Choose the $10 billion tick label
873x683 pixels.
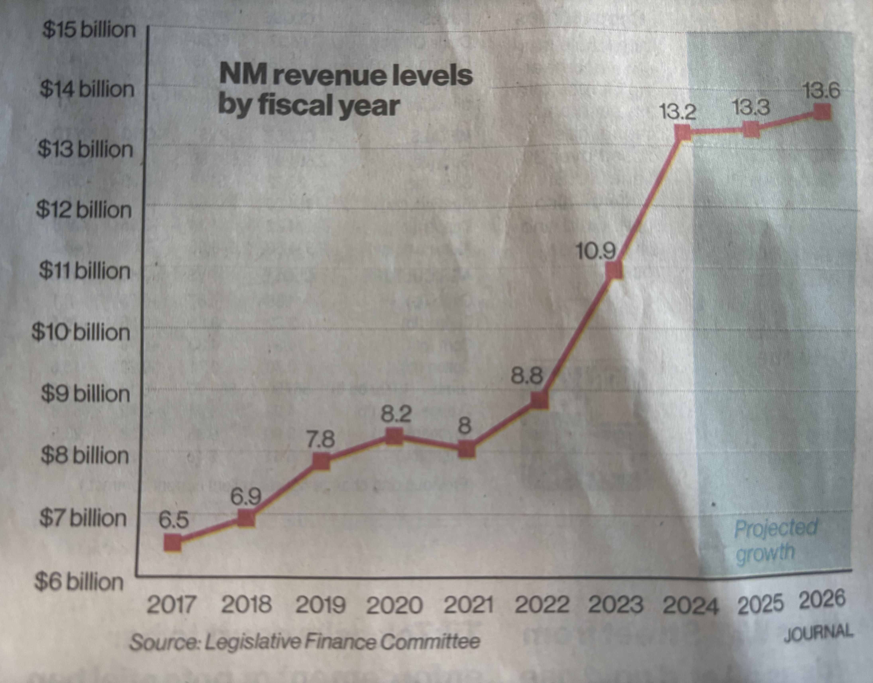pos(81,332)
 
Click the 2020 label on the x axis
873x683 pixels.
pos(394,605)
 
